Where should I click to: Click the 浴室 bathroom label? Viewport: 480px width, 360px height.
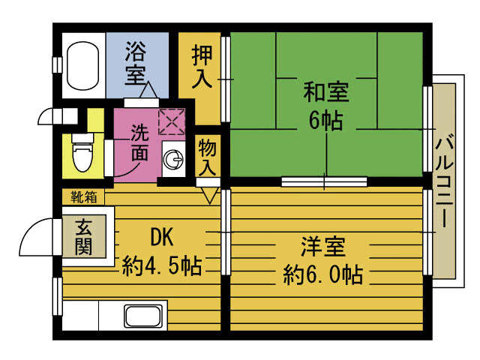pos(136,63)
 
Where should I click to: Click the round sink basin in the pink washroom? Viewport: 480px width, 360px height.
pos(174,158)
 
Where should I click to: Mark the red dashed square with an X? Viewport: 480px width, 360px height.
pos(172,120)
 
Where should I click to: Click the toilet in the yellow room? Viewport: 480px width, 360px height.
pos(79,154)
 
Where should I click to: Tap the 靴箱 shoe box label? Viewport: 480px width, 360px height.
pos(83,197)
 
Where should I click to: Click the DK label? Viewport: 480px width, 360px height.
pos(161,237)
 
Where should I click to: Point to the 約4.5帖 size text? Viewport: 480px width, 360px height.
pos(161,265)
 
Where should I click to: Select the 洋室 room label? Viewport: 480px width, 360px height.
pos(323,246)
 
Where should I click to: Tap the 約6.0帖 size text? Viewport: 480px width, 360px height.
pos(323,274)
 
